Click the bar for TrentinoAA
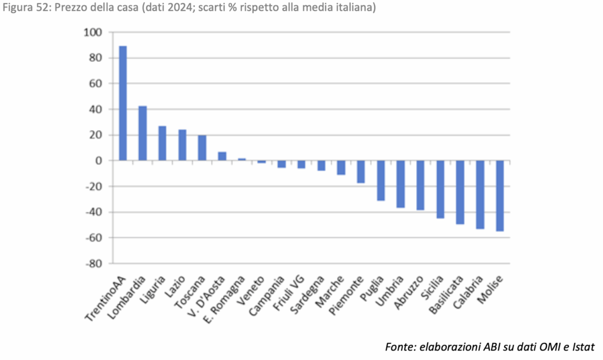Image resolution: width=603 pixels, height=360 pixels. click(123, 103)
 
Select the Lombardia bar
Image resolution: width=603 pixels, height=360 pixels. click(143, 133)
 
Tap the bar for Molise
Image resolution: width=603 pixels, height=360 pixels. click(500, 196)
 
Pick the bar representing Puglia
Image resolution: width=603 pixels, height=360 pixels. click(381, 181)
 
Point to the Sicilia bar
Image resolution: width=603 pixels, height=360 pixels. click(440, 189)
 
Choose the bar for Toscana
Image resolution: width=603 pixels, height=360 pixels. click(202, 148)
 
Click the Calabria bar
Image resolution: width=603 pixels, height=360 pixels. click(480, 194)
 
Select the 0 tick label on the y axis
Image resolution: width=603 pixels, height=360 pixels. click(98, 161)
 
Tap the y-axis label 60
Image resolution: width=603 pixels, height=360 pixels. click(95, 84)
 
